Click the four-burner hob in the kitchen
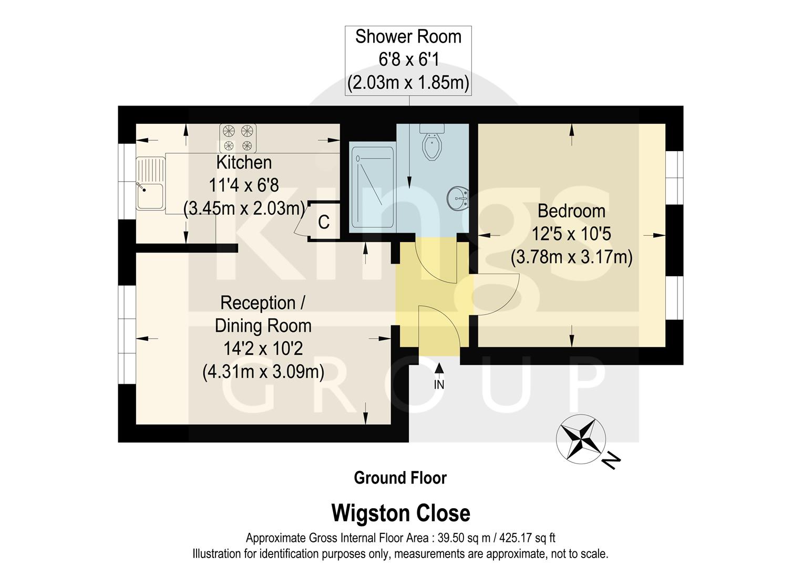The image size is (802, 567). (x=238, y=138)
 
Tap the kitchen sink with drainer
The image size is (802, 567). (x=150, y=184)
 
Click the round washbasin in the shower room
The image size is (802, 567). (x=458, y=198)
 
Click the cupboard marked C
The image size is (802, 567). (x=324, y=222)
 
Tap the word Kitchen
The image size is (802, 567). (x=244, y=163)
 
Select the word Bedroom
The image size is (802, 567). (x=571, y=211)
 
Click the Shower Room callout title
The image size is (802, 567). (x=408, y=37)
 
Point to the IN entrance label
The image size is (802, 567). (x=439, y=385)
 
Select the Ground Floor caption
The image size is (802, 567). (x=400, y=478)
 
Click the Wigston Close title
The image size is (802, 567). (x=400, y=513)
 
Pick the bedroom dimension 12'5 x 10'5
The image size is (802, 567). (x=571, y=234)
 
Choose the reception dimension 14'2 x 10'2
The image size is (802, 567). (x=263, y=349)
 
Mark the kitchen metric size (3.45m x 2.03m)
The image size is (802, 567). (x=244, y=208)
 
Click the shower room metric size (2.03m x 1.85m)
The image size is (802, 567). (x=408, y=83)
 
